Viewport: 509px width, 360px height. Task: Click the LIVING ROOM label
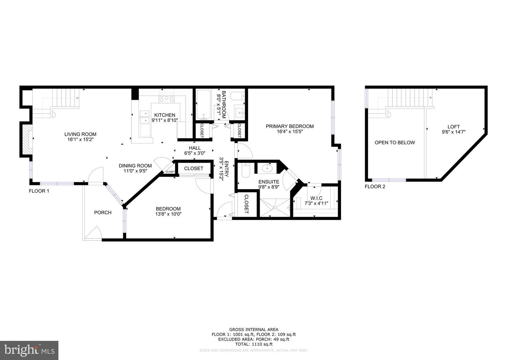coord(80,134)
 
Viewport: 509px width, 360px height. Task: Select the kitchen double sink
coord(144,117)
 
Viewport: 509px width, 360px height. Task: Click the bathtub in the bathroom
coord(203,105)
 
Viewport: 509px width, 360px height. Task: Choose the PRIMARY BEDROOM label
coord(289,126)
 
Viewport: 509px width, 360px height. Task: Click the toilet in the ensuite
coord(245,170)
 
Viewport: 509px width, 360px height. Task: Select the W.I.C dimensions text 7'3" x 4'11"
coord(316,203)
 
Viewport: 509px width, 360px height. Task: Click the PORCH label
coord(103,213)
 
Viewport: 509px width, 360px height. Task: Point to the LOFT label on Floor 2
coord(454,127)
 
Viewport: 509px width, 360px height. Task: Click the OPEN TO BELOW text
coord(394,143)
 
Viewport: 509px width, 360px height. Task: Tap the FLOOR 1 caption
coord(39,191)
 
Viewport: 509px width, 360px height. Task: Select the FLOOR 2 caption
coord(375,186)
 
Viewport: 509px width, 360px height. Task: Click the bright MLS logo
coord(29,350)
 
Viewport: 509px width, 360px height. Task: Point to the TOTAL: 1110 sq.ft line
coord(254,344)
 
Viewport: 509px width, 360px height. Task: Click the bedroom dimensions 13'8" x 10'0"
coord(168,214)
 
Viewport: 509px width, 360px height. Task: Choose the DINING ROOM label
coord(135,166)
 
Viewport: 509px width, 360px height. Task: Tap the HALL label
coord(195,148)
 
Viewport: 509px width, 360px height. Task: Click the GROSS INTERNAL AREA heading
coord(254,329)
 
